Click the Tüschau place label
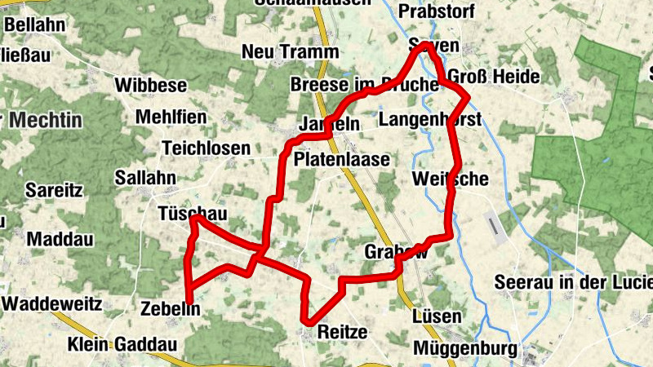[x=192, y=214]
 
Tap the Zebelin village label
[x=171, y=308]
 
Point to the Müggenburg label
[x=466, y=349]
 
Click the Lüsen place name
[x=438, y=316]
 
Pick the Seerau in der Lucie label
[x=574, y=283]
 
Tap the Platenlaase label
[x=342, y=159]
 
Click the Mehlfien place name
[x=171, y=117]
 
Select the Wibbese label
[x=151, y=85]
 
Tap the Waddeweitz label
[x=52, y=303]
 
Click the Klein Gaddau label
[x=122, y=343]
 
